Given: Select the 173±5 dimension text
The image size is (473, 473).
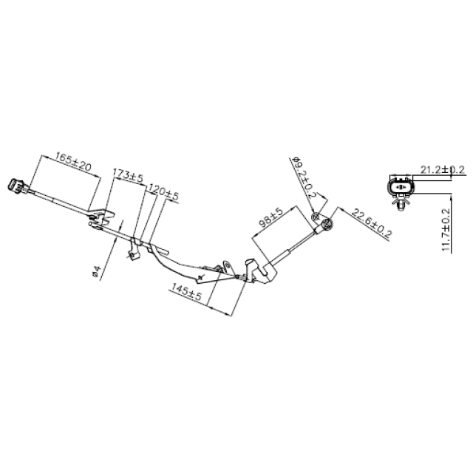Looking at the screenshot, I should pos(128,176).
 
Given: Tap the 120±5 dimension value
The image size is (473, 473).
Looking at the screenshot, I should pos(164,194).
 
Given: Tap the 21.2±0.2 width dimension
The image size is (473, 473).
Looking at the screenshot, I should pos(442,169).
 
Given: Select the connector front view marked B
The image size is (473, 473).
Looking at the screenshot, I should pos(400,188).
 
